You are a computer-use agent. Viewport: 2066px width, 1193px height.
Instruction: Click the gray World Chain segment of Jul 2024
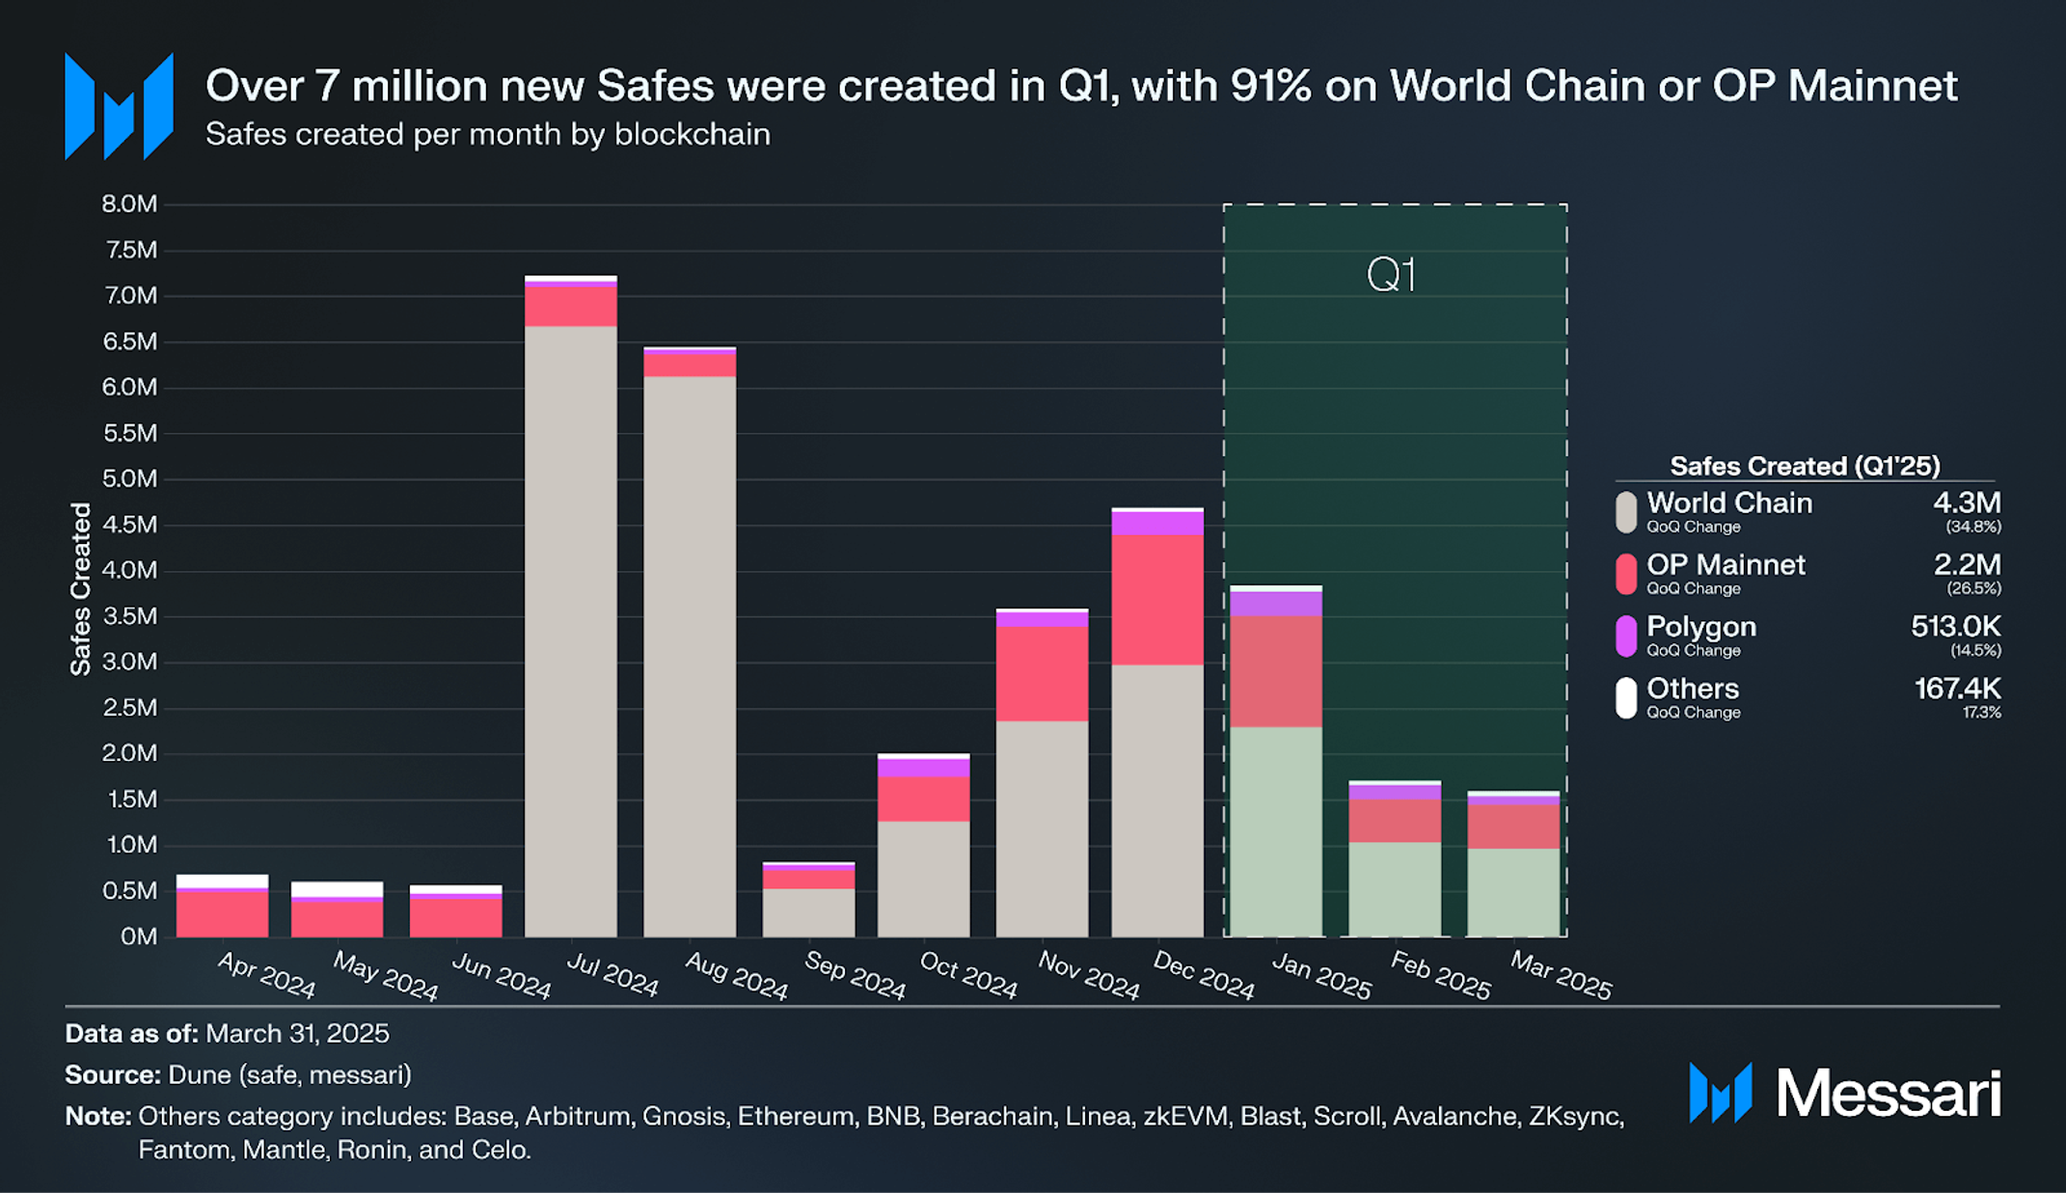pos(571,631)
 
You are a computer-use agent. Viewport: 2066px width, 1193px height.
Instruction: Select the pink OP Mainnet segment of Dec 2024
pos(1157,599)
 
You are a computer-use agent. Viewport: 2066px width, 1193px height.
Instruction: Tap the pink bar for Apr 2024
pos(222,912)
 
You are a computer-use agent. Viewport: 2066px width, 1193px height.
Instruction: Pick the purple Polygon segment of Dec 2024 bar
pos(1157,523)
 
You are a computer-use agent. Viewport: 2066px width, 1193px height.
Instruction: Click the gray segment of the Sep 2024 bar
pos(808,912)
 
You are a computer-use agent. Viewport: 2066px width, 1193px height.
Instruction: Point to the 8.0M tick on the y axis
pos(129,204)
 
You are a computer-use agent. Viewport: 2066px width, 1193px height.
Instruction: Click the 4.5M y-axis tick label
pos(129,525)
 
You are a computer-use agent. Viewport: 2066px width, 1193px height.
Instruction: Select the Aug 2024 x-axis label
pos(736,976)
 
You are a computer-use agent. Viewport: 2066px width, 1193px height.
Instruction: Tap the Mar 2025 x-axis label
pos(1560,976)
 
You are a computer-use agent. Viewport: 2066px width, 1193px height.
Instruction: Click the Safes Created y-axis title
pos(81,588)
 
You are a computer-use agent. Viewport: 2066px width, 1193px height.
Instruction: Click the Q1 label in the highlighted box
pos(1391,276)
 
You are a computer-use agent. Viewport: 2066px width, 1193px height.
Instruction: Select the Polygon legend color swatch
pos(1626,637)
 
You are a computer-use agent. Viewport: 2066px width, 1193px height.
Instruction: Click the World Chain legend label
pos(1728,503)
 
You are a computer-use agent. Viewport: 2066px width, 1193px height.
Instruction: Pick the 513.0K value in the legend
pos(1955,627)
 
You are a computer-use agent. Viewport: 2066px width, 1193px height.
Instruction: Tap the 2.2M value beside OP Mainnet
pos(1967,565)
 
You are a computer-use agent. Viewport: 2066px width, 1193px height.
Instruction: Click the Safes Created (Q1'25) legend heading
pos(1804,466)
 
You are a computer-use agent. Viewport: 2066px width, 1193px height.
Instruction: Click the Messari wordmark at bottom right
pos(1888,1094)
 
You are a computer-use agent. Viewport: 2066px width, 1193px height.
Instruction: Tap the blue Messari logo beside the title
pos(119,106)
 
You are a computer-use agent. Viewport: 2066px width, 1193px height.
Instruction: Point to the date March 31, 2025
pos(297,1034)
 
